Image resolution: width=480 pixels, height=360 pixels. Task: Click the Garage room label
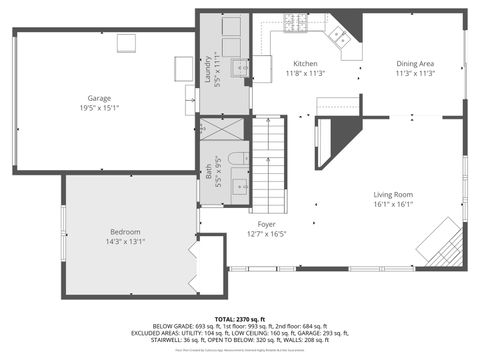pyautogui.click(x=99, y=98)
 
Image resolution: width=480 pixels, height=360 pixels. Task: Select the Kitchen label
pyautogui.click(x=305, y=63)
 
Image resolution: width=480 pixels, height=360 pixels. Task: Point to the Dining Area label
pyautogui.click(x=414, y=63)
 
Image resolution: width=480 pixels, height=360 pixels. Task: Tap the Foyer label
pyautogui.click(x=266, y=224)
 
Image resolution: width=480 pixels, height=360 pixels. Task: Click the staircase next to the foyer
pyautogui.click(x=269, y=160)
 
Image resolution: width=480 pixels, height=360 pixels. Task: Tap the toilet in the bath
pyautogui.click(x=236, y=159)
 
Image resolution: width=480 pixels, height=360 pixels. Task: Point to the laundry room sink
pyautogui.click(x=240, y=67)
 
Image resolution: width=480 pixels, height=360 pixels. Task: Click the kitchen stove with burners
pyautogui.click(x=298, y=22)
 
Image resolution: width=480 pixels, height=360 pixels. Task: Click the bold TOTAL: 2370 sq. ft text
pyautogui.click(x=240, y=317)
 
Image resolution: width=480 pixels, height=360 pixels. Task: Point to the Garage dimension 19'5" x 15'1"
pyautogui.click(x=99, y=108)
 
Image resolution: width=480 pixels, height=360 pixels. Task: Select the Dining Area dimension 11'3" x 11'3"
pyautogui.click(x=414, y=73)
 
